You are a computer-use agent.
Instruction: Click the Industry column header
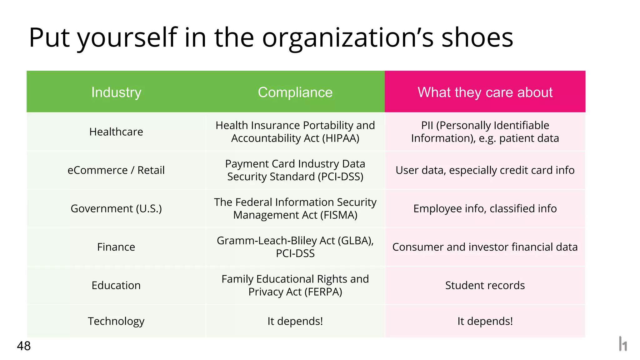tap(116, 92)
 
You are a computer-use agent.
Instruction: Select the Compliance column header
tap(295, 92)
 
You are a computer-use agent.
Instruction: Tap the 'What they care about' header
tap(485, 92)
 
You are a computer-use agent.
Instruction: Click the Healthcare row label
tap(116, 132)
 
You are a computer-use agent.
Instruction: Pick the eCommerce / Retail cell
tap(116, 170)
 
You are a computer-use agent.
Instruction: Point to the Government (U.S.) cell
tap(116, 208)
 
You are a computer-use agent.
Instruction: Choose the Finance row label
tap(116, 247)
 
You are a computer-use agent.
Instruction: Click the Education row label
tap(116, 285)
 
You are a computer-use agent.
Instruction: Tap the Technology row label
tap(116, 321)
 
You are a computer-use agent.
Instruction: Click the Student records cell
tap(485, 285)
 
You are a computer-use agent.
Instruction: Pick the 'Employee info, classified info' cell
tap(485, 208)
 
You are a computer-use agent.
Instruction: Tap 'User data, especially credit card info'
tap(485, 170)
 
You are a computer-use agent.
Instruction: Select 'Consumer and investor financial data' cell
tap(485, 247)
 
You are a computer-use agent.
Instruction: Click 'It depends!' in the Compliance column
tap(295, 321)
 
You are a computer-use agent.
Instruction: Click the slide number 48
tap(24, 346)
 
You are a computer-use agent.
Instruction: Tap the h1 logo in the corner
tap(623, 344)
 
